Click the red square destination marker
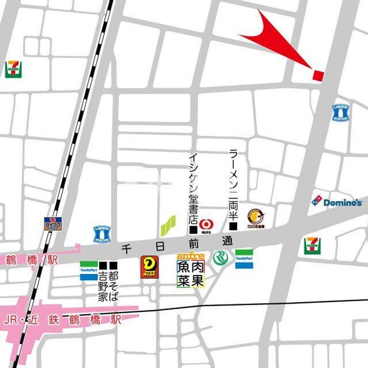tap(318, 76)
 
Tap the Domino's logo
tap(337, 201)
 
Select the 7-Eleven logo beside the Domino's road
tap(312, 246)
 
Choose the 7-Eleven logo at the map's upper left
tap(13, 69)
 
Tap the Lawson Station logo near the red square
tap(340, 112)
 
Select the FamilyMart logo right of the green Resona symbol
tap(244, 259)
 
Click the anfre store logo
tap(191, 255)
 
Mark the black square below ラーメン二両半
tap(234, 226)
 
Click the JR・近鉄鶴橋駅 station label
tap(62, 321)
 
